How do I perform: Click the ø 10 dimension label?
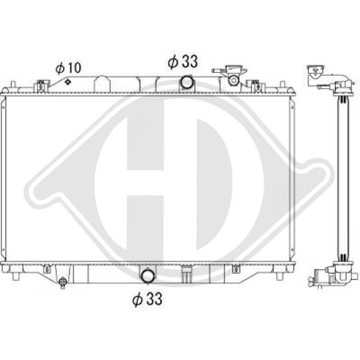tap(68, 68)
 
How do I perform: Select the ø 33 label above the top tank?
tap(183, 62)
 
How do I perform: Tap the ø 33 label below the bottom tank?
tap(147, 300)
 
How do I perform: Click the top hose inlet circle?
tap(186, 82)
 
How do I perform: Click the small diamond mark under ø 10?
tap(67, 81)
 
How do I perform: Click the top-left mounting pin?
tap(13, 85)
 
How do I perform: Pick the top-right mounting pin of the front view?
tap(282, 85)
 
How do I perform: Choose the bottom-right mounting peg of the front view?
tap(280, 276)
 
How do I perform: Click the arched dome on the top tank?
tap(102, 83)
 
